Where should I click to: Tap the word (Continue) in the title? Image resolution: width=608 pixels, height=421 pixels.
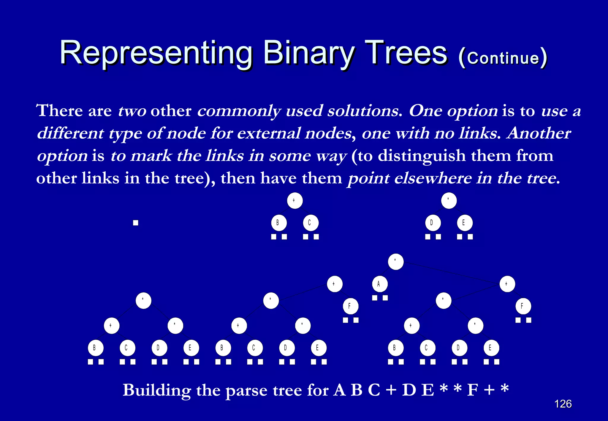point(502,58)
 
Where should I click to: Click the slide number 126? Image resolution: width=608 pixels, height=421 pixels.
point(563,404)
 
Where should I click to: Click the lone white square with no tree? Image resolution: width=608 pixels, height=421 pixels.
point(136,223)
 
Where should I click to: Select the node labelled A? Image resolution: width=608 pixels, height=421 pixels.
point(380,284)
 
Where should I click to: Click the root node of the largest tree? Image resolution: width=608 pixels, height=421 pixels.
point(396,262)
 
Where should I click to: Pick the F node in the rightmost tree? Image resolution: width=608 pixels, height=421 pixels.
point(523,306)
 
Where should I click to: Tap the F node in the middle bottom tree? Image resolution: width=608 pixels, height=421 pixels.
point(350,306)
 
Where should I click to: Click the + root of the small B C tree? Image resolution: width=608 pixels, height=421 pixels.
point(294,201)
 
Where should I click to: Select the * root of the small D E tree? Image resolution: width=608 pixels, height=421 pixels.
point(449,201)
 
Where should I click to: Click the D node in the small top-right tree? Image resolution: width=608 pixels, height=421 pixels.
point(433,223)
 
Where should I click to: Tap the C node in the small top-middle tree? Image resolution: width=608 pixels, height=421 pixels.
point(311,223)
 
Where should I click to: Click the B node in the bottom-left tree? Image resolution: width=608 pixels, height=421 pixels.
point(96,348)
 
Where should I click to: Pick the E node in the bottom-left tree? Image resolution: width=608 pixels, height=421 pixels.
point(191,348)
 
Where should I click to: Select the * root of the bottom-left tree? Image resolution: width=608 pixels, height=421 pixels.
point(143,300)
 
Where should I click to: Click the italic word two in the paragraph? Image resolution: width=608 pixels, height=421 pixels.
point(132,111)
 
